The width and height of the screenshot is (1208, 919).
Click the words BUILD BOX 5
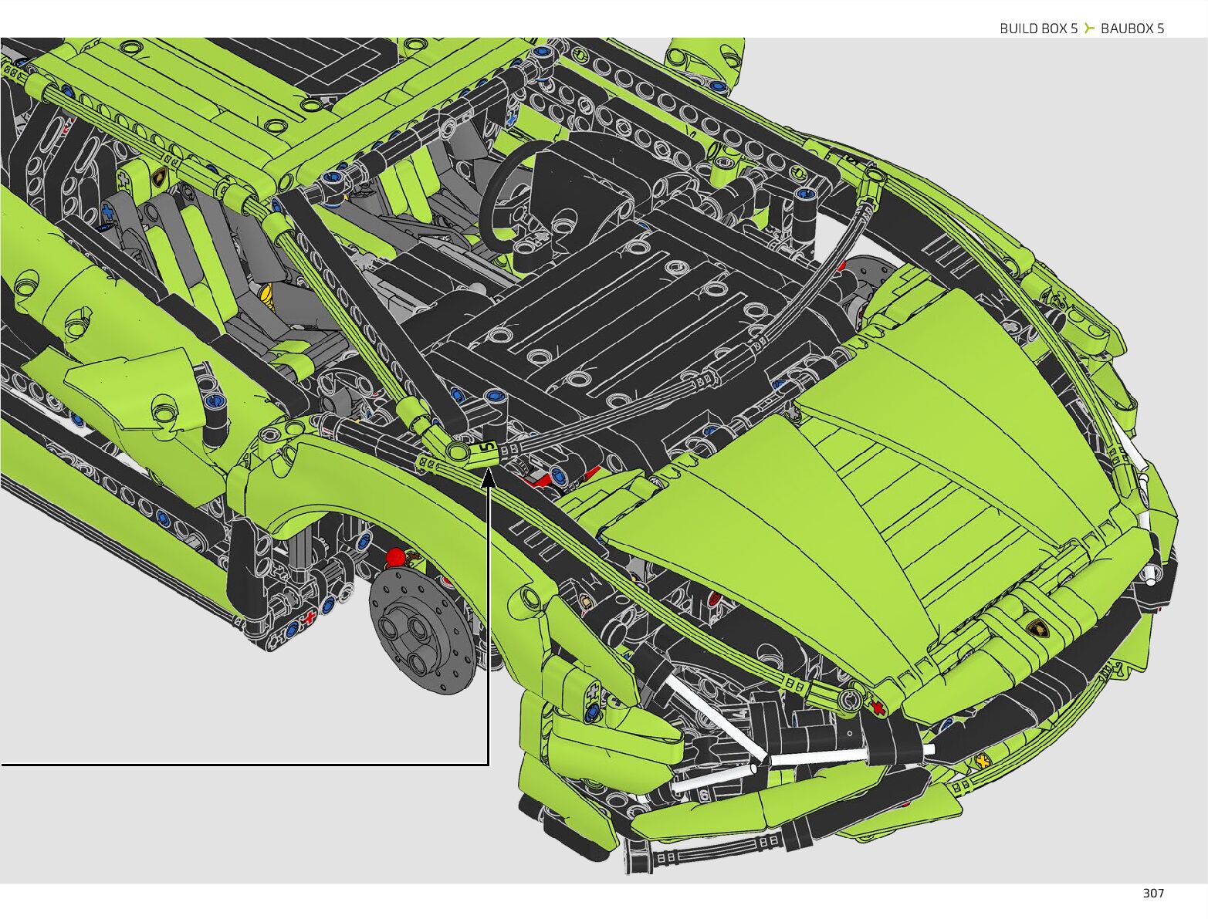(1038, 29)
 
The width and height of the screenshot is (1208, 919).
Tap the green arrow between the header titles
(1089, 29)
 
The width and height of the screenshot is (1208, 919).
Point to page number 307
(1153, 893)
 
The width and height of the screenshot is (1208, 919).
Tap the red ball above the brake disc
(396, 557)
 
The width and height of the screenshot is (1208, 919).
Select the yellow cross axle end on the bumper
(983, 760)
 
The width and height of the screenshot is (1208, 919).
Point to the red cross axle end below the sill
(310, 617)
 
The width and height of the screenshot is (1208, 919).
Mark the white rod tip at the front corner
(1151, 573)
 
